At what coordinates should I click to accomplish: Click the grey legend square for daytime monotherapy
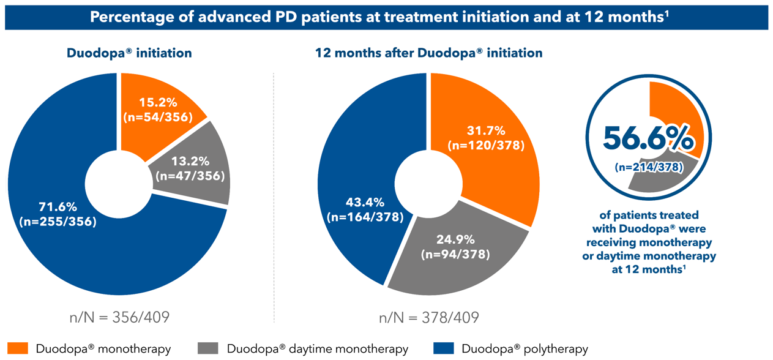[208, 348]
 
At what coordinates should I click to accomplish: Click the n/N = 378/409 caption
[428, 318]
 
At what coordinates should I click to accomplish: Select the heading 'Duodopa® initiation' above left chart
[129, 53]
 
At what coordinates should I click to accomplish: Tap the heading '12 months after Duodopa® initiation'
[428, 53]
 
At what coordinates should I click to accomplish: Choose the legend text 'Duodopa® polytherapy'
[526, 349]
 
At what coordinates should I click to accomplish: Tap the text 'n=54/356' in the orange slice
[159, 116]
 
